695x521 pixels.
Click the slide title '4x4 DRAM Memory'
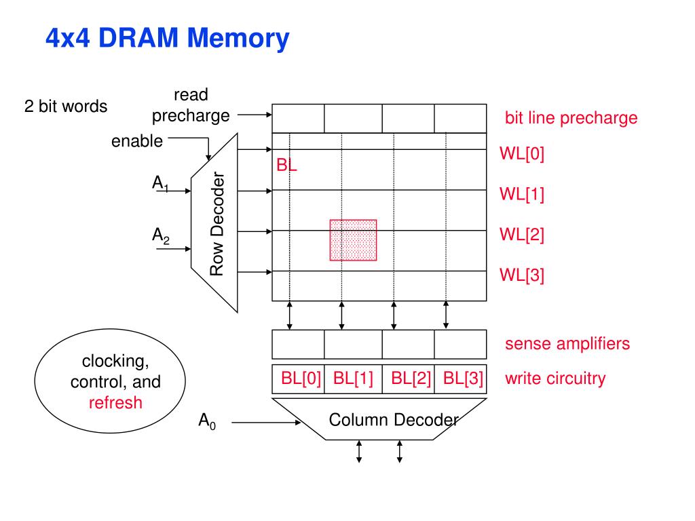click(x=168, y=38)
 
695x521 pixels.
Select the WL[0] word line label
click(x=522, y=154)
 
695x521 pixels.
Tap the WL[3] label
click(x=522, y=275)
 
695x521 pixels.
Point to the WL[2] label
click(x=522, y=234)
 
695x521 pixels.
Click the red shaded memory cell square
click(x=353, y=240)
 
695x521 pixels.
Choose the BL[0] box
click(x=299, y=379)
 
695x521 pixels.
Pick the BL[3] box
click(x=461, y=379)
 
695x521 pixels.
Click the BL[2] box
click(x=408, y=379)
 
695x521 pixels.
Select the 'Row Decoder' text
click(x=217, y=224)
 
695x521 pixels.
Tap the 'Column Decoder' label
click(x=394, y=420)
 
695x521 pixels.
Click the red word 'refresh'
click(x=115, y=403)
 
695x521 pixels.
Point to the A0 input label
click(x=207, y=421)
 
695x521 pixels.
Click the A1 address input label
click(x=160, y=183)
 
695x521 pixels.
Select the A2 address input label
click(x=160, y=235)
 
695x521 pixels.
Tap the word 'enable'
click(x=137, y=141)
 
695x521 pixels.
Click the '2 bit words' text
click(x=66, y=107)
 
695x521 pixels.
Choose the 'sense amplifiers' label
click(x=567, y=344)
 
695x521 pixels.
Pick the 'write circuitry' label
click(x=555, y=379)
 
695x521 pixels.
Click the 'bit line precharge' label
click(x=571, y=118)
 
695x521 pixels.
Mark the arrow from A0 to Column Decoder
click(x=266, y=423)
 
